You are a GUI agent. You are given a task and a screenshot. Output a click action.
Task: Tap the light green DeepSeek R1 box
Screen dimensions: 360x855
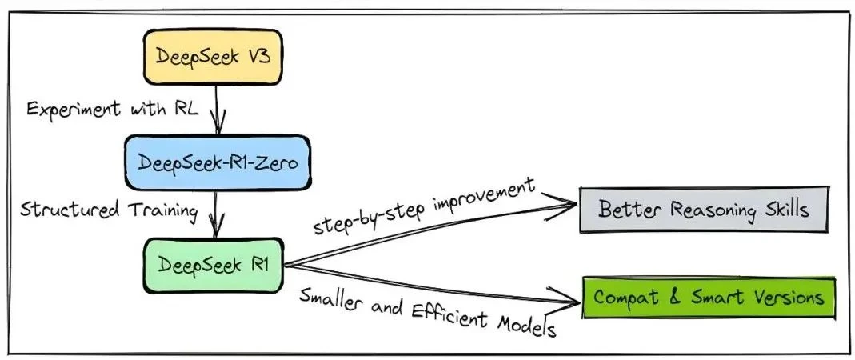point(212,264)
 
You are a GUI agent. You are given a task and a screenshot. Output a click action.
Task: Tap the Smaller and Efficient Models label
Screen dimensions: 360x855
point(428,310)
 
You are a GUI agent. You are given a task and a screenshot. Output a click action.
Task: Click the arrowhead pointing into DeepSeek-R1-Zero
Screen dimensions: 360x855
point(218,127)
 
